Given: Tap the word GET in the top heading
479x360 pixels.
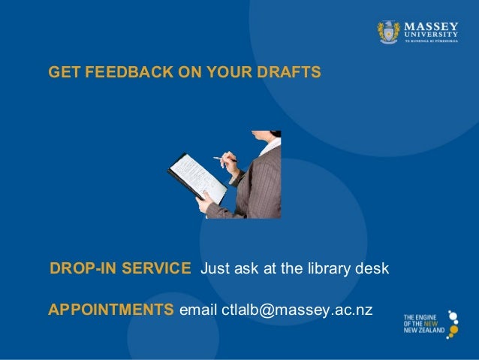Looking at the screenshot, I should (62, 73).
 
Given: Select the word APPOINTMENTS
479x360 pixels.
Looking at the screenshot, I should (110, 310).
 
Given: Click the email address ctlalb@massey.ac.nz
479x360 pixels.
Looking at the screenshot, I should (297, 310).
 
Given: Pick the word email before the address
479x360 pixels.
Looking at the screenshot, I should (197, 310).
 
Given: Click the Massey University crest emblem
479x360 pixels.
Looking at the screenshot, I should (389, 31).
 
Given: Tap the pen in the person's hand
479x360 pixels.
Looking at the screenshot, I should (223, 159).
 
